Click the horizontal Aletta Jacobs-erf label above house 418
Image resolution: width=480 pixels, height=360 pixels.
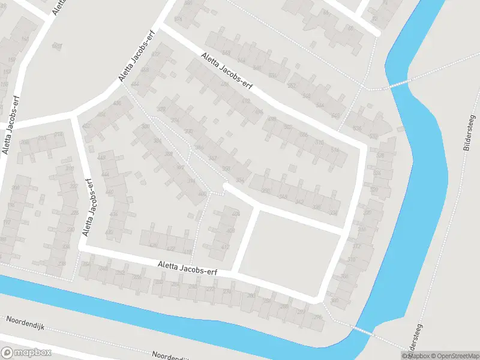[x=187, y=268]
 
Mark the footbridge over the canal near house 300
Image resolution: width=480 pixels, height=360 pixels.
[x=362, y=329]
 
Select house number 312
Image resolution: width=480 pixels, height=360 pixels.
[x=356, y=246]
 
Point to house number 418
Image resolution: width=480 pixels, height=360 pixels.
[x=188, y=251]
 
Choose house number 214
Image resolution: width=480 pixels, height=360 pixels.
[x=58, y=135]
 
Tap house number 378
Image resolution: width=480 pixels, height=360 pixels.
[x=161, y=109]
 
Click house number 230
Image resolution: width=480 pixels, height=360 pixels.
[x=70, y=229]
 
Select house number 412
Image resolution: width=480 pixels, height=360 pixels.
[x=226, y=247]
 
